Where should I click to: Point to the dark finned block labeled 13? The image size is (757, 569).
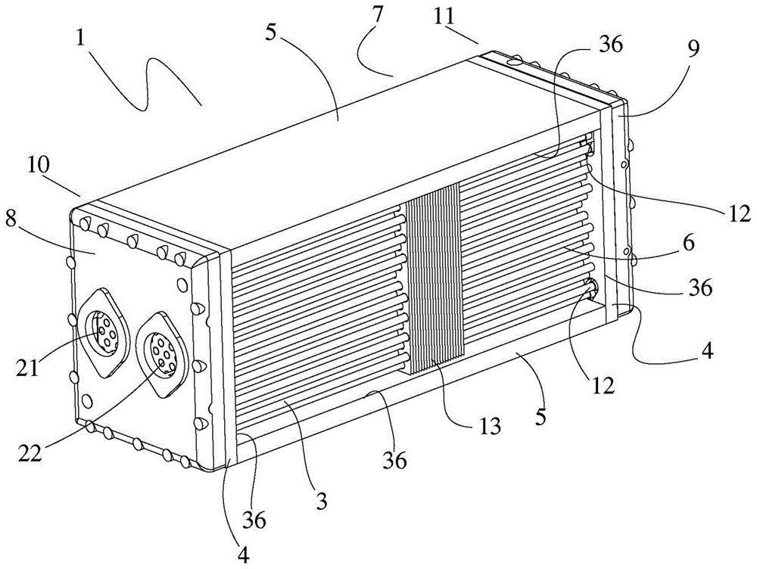tap(432, 280)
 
